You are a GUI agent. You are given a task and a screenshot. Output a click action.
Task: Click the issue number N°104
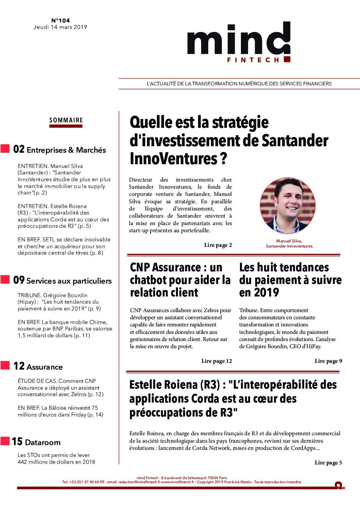point(60,21)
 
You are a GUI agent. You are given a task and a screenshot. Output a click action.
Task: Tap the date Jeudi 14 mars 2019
point(60,27)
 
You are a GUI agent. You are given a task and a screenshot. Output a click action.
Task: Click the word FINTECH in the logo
point(253,60)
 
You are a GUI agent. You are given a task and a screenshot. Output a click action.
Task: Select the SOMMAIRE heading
point(66,120)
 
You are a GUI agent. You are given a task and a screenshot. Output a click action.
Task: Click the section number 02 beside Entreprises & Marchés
point(19,149)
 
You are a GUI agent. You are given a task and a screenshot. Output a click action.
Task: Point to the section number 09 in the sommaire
point(19,280)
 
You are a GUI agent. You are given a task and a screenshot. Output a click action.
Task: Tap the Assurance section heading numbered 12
point(44,367)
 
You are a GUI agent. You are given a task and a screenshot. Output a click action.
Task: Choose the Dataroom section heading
point(43,442)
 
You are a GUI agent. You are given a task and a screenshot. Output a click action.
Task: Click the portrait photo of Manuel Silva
point(288,205)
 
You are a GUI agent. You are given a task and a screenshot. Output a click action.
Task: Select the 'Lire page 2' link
point(218,245)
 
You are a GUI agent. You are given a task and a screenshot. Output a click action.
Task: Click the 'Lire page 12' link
point(216,361)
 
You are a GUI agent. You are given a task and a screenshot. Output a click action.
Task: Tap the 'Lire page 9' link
point(328,361)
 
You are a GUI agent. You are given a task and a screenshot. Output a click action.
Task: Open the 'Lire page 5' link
point(328,462)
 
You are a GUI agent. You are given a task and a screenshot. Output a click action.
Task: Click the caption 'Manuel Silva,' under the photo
point(289,241)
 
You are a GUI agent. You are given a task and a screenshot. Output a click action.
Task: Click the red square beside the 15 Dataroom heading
point(5,441)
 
